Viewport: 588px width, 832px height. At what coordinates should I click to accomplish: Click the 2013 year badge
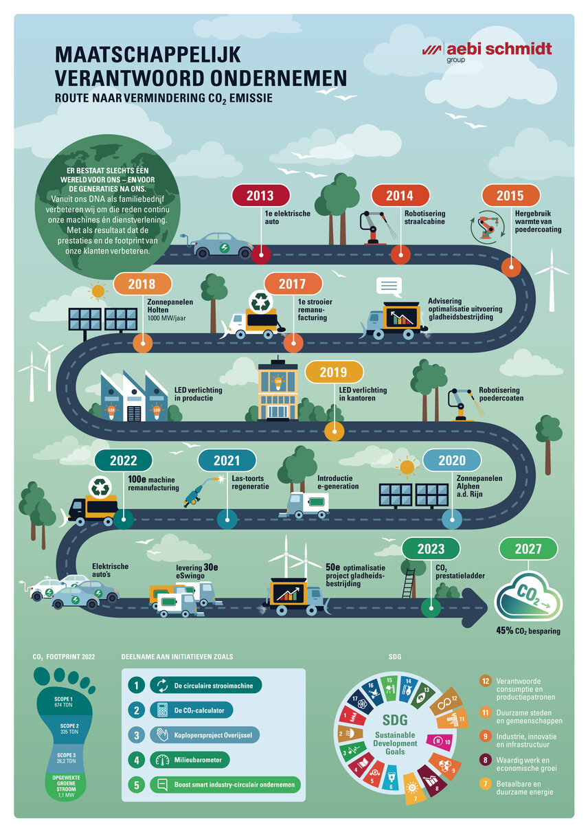pyautogui.click(x=260, y=196)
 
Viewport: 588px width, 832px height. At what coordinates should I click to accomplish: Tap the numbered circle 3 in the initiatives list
pyautogui.click(x=135, y=734)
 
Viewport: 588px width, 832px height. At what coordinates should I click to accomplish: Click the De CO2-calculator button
pyautogui.click(x=194, y=710)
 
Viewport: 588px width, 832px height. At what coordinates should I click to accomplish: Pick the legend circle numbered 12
pyautogui.click(x=485, y=682)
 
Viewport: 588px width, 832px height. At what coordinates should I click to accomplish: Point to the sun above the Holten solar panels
pyautogui.click(x=98, y=291)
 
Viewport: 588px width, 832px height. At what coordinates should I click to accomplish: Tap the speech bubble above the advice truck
pyautogui.click(x=388, y=286)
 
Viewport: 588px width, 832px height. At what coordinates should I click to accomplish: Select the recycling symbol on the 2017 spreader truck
pyautogui.click(x=261, y=302)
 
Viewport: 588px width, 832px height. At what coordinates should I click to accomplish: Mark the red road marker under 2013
pyautogui.click(x=260, y=254)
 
